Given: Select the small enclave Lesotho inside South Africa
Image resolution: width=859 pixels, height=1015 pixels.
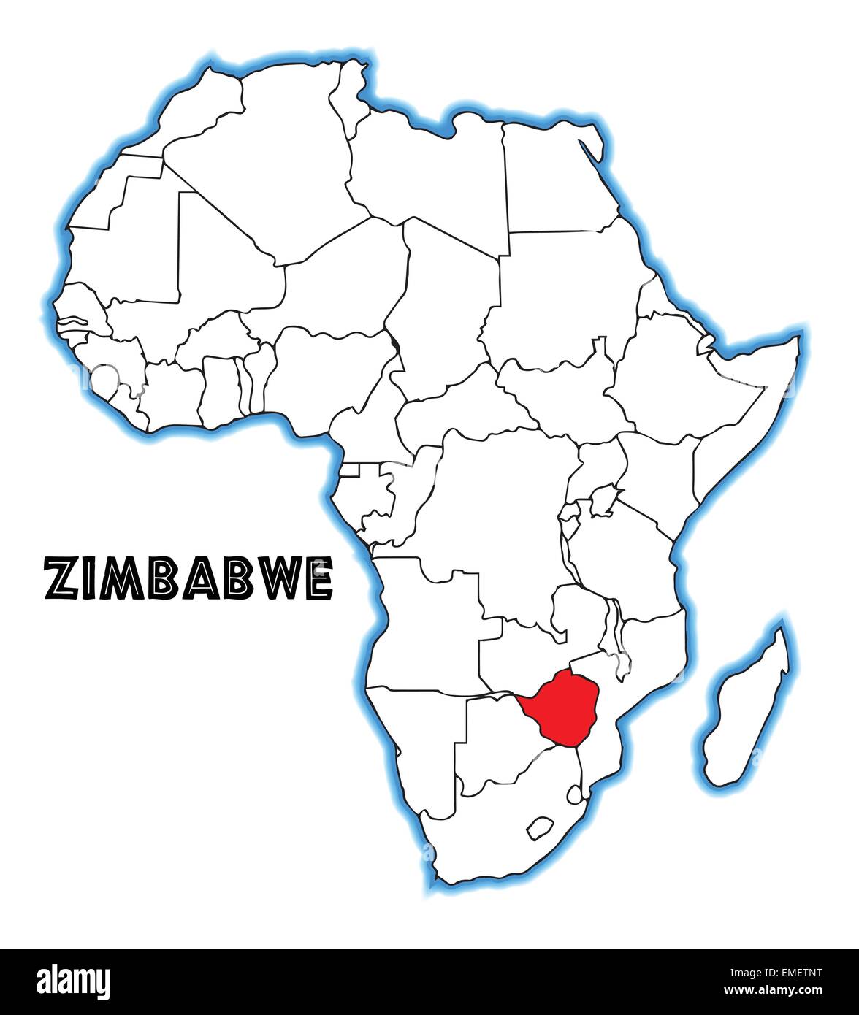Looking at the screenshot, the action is pos(541,827).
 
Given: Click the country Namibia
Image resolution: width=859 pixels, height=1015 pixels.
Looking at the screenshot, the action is pos(416,738).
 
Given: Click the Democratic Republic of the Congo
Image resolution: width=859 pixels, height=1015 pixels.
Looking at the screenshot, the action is pos(497,511).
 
